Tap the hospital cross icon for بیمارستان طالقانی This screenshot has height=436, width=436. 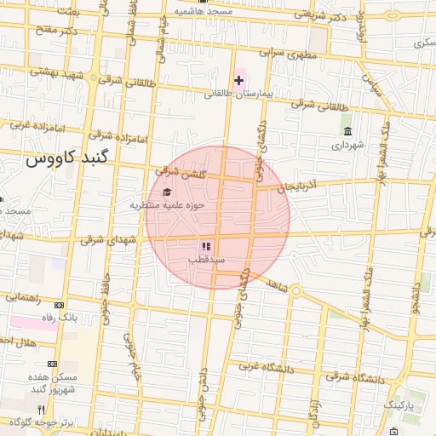click(238, 80)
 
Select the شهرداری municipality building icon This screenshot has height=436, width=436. click(347, 131)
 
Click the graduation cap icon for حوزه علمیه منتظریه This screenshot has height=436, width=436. click(167, 192)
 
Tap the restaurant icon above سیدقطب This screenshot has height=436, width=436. click(205, 246)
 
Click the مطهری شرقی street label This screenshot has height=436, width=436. click(282, 52)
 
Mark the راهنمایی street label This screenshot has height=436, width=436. click(26, 297)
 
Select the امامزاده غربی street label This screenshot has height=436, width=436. click(33, 125)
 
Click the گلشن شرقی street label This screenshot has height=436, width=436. click(175, 173)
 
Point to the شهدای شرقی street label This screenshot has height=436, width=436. click(108, 241)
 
